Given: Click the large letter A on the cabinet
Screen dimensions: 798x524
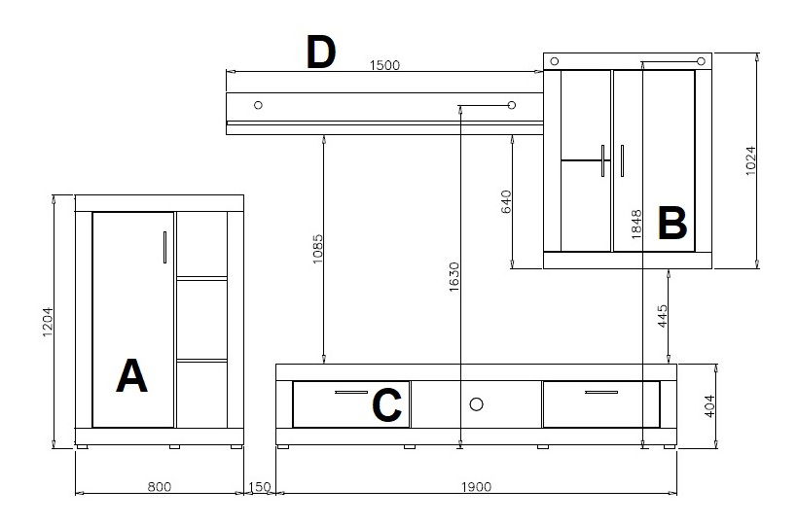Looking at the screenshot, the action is (131, 375).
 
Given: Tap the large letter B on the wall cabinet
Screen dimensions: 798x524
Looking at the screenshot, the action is (672, 224).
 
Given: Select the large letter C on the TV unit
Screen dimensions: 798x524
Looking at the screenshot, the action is (386, 405).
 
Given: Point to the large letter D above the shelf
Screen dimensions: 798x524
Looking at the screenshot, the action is (320, 52).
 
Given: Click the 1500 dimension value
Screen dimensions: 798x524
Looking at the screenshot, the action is (384, 65).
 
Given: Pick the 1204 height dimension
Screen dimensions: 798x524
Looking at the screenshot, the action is (48, 322).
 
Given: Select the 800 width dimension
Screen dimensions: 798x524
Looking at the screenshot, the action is (160, 487).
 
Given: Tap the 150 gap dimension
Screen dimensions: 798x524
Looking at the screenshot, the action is (260, 487).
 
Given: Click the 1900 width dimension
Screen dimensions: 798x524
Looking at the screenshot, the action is (476, 487).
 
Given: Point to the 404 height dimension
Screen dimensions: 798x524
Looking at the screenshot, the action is (709, 406).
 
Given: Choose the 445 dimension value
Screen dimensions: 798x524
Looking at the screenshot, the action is (662, 316).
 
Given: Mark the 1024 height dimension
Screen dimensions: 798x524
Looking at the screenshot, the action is (750, 161).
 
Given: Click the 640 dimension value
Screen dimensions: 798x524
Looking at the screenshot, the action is (506, 202).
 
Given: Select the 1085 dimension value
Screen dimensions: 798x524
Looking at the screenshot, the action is (317, 249).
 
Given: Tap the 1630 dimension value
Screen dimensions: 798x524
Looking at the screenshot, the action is (453, 277).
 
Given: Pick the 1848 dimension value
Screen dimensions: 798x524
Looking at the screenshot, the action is (636, 225).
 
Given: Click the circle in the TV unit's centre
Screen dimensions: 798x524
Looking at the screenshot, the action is (476, 404).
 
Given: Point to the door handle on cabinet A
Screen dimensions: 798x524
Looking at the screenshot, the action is (164, 248).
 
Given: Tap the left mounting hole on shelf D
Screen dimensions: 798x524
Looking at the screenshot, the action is (258, 105).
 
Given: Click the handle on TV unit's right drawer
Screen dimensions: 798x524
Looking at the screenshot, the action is (601, 393).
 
